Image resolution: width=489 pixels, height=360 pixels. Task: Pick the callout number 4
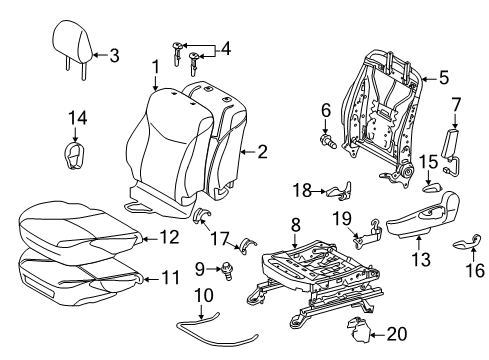226,48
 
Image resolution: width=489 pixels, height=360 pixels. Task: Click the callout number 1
156,66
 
